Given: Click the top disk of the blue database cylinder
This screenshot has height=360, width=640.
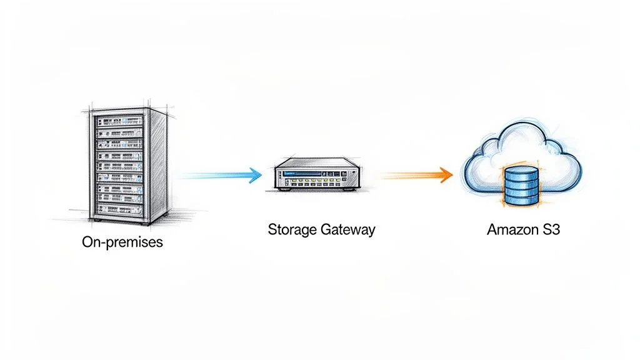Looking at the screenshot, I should point(520,171).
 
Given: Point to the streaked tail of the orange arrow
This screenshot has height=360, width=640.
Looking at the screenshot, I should point(400,176).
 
